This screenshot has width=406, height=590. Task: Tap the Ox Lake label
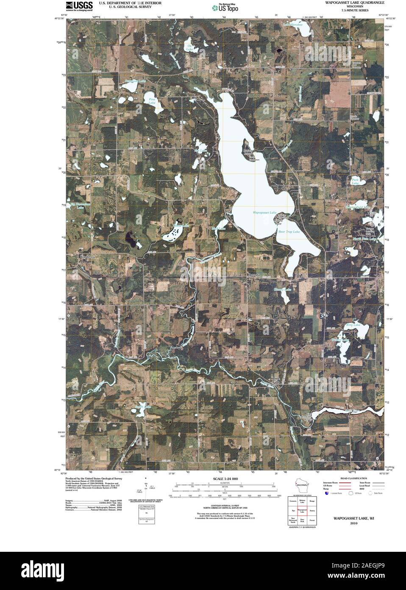189,48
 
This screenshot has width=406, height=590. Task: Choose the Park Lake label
355,181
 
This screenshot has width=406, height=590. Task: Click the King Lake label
353,325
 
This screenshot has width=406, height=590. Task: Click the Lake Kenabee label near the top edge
293,25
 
